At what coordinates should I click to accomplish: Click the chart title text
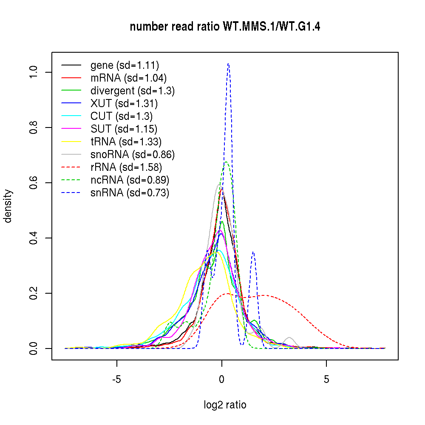point(225,27)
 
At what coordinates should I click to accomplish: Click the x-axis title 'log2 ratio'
point(225,405)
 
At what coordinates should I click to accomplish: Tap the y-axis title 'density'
point(8,206)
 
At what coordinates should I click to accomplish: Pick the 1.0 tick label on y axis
point(34,72)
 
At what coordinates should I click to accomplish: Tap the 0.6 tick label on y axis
point(34,183)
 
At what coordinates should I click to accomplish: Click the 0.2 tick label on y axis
point(34,293)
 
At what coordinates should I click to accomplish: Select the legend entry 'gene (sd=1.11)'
point(125,65)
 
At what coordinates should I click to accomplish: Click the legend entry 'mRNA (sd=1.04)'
point(128,78)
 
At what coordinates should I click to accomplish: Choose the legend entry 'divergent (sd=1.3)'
point(133,91)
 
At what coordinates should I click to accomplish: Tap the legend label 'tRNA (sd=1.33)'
point(126,142)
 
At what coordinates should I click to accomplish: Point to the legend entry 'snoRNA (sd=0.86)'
point(133,154)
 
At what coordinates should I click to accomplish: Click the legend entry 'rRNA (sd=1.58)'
point(126,167)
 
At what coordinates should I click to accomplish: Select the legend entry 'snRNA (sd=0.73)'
point(130,193)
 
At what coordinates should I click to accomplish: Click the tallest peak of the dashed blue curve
point(229,64)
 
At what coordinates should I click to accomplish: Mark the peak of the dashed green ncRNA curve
point(226,161)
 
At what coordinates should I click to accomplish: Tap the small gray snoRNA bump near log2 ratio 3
point(290,337)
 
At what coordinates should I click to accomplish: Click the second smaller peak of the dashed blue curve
point(253,252)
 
